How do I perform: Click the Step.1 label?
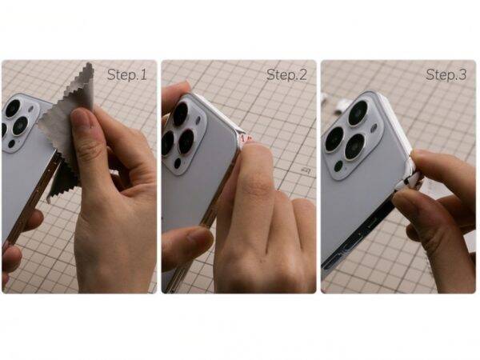point(126,74)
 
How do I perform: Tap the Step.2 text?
point(286,74)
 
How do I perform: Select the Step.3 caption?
point(446,74)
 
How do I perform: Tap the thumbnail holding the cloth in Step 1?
point(81,118)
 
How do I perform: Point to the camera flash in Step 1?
point(31,110)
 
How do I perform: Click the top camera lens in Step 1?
point(13,108)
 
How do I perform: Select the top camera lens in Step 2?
point(181,114)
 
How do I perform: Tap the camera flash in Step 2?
point(199,121)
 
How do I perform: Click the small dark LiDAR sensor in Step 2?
point(178,163)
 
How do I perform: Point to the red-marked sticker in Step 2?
point(244,138)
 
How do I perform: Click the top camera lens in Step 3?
point(358,113)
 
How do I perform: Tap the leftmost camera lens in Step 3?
point(334,138)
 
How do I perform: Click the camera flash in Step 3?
point(374,128)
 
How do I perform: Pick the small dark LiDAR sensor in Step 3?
point(338,166)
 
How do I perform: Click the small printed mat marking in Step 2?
point(306,170)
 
